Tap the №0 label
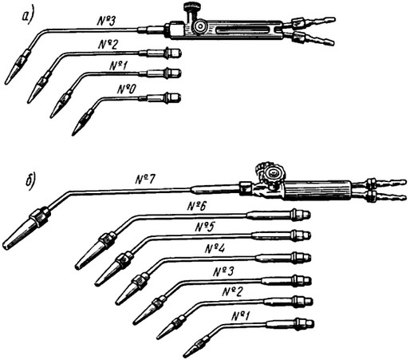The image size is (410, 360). tap(127, 89)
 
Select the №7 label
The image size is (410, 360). tap(145, 180)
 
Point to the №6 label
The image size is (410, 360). tap(196, 206)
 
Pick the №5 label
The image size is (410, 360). tap(205, 227)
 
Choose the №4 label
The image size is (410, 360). tap(215, 249)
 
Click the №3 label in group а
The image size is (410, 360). tap(106, 21)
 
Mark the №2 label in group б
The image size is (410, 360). tap(232, 292)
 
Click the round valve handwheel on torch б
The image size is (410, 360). tap(272, 174)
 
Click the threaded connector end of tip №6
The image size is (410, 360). tap(301, 215)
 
